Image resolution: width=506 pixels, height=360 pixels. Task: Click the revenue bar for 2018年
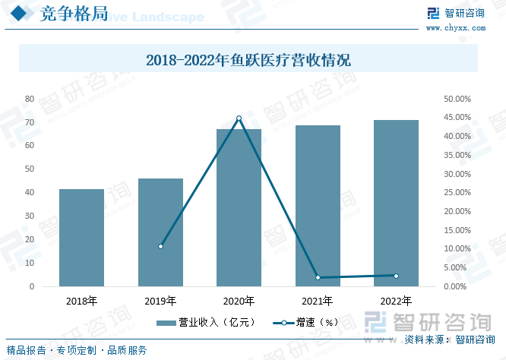[81, 238]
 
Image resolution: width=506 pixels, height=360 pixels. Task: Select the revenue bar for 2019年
[160, 232]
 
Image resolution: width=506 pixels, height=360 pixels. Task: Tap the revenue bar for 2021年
[318, 206]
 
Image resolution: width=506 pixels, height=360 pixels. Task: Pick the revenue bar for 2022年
[396, 203]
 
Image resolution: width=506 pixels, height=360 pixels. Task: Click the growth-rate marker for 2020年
[239, 118]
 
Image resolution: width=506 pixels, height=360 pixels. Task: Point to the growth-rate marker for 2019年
[160, 246]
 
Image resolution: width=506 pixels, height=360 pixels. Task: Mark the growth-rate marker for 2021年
[318, 278]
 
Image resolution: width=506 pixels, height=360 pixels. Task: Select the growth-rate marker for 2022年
[396, 276]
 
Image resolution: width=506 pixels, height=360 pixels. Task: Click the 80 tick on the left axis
[30, 99]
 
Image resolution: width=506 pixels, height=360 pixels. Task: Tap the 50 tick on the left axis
[30, 169]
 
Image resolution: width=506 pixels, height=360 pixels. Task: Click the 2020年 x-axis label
[239, 301]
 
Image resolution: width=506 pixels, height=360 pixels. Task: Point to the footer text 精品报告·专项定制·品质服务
[77, 350]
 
